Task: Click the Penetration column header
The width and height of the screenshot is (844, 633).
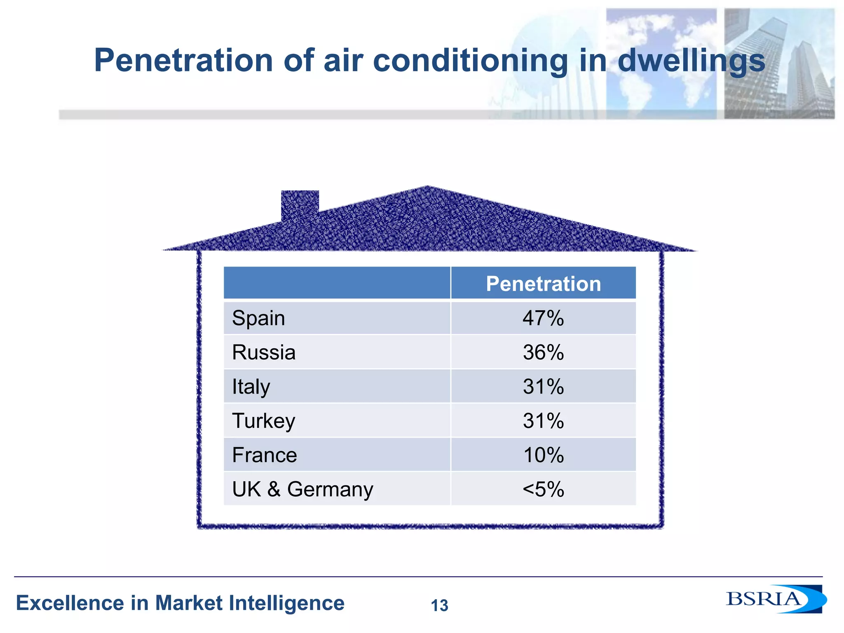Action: pyautogui.click(x=543, y=284)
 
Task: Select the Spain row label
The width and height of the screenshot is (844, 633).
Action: pyautogui.click(x=258, y=318)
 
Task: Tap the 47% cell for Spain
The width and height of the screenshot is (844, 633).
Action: pyautogui.click(x=543, y=318)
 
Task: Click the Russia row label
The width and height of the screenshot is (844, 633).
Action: pyautogui.click(x=264, y=352)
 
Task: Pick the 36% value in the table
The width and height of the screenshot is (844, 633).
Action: pyautogui.click(x=543, y=352)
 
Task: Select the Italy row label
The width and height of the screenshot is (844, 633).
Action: pyautogui.click(x=251, y=387)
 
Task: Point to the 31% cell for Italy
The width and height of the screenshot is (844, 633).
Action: pyautogui.click(x=543, y=387)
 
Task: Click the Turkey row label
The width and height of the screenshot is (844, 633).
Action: pyautogui.click(x=264, y=421)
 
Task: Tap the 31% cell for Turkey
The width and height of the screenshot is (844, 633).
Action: pyautogui.click(x=543, y=421)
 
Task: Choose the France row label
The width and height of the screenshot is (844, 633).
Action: pyautogui.click(x=264, y=455)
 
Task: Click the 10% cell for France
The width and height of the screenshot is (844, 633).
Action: pyautogui.click(x=543, y=455)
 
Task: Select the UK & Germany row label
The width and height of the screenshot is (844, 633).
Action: pyautogui.click(x=302, y=489)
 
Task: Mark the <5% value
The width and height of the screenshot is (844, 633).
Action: pyautogui.click(x=543, y=489)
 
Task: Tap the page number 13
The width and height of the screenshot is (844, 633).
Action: pyautogui.click(x=439, y=605)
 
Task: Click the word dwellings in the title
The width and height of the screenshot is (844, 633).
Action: pyautogui.click(x=691, y=61)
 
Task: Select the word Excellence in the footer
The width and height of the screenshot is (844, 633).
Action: pyautogui.click(x=70, y=603)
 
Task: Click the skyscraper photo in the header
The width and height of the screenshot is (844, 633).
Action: pyautogui.click(x=779, y=64)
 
